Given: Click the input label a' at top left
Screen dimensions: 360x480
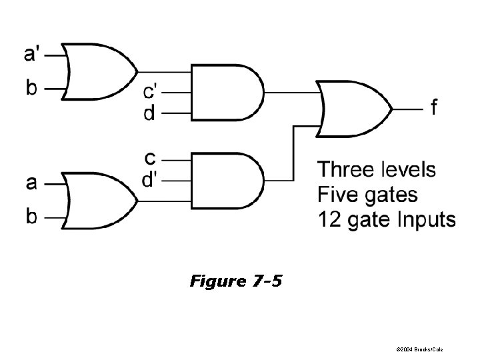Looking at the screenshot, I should click(31, 53).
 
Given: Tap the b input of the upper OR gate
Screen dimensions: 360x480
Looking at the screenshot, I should click(31, 88).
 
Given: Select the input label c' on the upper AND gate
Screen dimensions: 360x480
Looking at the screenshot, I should click(151, 89).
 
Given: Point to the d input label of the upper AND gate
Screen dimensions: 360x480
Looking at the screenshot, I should click(149, 113).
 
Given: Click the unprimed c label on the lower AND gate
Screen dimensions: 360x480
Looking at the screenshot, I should click(151, 158).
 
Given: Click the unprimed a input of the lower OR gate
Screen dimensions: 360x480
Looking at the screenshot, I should click(31, 181).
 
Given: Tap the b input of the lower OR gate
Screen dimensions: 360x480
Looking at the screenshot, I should click(31, 216).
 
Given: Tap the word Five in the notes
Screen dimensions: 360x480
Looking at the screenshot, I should click(339, 195).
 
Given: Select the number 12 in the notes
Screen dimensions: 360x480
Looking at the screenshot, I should click(329, 219).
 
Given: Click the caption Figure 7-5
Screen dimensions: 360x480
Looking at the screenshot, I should click(236, 281).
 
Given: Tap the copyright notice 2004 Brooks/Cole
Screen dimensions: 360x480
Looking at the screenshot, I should click(419, 349).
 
